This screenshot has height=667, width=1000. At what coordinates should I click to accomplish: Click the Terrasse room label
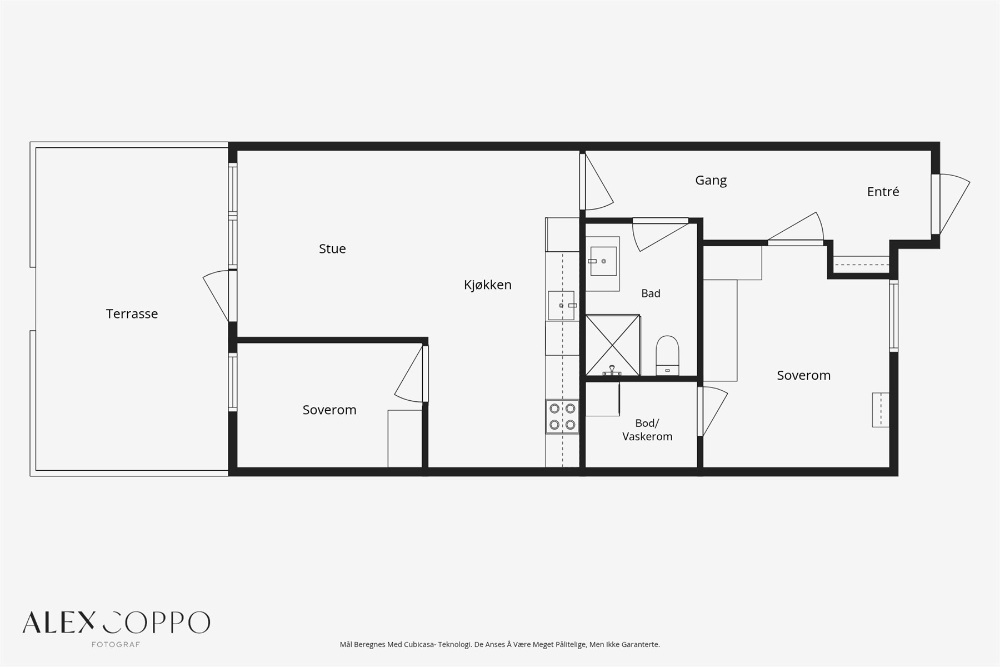coord(132,314)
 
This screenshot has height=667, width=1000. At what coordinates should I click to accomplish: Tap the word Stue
coord(332,249)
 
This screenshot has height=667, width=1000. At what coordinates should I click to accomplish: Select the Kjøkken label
coord(488,285)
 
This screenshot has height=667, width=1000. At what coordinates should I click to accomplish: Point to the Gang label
coord(711,181)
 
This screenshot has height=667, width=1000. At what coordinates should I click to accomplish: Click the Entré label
coord(883,192)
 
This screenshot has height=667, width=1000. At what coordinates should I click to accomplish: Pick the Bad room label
coord(651,293)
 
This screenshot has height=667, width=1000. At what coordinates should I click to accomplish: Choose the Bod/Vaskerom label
coord(647,430)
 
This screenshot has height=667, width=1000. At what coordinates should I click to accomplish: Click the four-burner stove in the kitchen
coord(562,417)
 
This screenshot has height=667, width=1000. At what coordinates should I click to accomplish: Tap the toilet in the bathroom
coord(667,356)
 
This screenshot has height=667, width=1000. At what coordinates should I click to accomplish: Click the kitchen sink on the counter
coord(562,306)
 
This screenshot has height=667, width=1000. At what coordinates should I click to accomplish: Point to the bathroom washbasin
coord(603,261)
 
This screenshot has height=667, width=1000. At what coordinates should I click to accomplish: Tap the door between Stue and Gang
coord(597,181)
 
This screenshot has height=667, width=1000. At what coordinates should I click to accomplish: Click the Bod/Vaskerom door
coord(712,411)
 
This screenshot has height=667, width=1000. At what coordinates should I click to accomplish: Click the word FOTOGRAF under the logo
coord(116,645)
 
